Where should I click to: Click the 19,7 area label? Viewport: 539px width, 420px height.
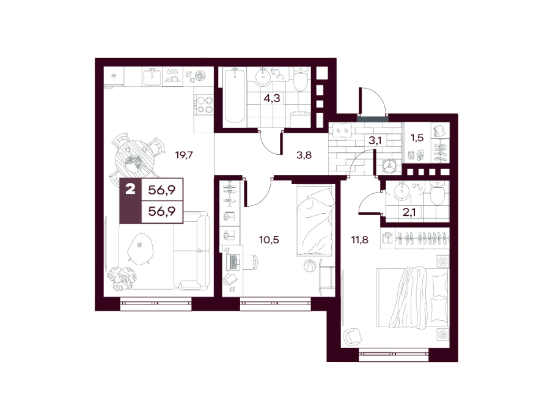184,155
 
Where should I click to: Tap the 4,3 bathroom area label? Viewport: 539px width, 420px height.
271,98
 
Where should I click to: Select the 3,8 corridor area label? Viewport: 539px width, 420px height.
304,155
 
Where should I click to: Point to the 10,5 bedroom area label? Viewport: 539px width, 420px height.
269,240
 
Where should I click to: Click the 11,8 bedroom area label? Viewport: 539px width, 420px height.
359,240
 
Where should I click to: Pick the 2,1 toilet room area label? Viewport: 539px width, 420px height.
409,212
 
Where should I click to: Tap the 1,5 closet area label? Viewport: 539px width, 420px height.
417,138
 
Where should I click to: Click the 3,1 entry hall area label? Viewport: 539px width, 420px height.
375,141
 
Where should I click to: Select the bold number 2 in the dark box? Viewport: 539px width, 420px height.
130,189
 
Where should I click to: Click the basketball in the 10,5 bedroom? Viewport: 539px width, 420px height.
309,265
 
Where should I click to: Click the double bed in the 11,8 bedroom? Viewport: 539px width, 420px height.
413,297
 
